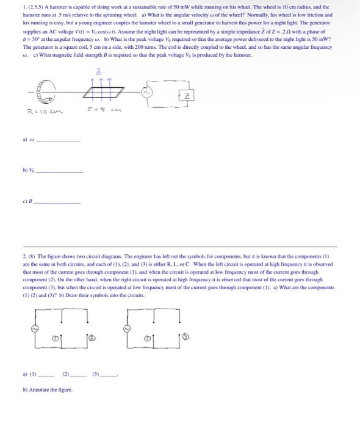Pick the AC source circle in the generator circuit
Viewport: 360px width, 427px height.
click(x=146, y=93)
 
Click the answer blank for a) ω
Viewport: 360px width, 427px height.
click(x=59, y=140)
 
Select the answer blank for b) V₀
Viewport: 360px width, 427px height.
click(x=59, y=171)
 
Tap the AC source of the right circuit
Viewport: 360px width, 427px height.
click(x=127, y=328)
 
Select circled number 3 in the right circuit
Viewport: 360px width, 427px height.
click(x=181, y=335)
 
